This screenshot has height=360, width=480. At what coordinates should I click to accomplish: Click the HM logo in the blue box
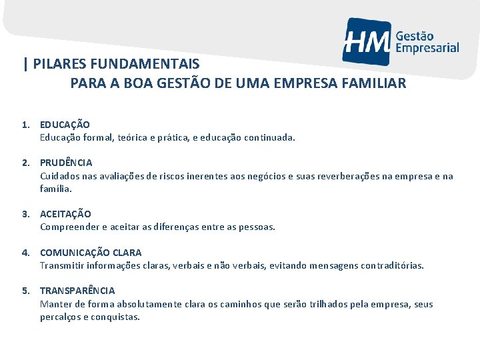tap(366, 41)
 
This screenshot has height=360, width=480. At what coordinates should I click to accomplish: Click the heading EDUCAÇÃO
tap(65, 125)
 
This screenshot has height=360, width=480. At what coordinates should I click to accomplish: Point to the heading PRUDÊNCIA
tap(66, 163)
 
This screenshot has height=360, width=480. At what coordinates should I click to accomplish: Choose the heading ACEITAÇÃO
tap(65, 214)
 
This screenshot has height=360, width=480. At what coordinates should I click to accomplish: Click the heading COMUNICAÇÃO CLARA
tap(91, 253)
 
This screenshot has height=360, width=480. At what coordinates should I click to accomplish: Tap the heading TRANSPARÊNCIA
tap(77, 291)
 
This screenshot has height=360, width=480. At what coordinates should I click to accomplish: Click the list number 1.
tap(24, 125)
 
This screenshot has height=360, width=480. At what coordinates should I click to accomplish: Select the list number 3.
tap(24, 214)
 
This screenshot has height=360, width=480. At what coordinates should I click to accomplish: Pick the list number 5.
tap(24, 291)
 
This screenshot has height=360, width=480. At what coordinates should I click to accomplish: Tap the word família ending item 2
tap(55, 189)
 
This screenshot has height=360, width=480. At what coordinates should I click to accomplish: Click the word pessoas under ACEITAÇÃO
tap(257, 227)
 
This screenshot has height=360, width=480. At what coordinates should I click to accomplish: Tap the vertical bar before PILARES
tap(25, 65)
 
